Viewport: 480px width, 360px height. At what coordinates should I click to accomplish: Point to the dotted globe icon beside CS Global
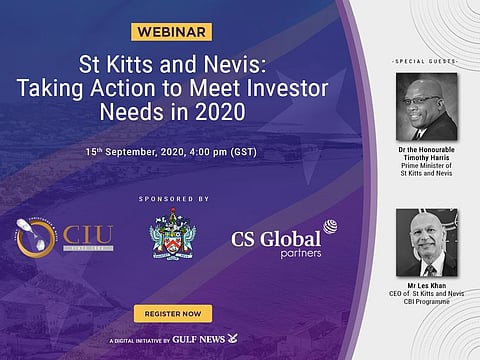click(331, 229)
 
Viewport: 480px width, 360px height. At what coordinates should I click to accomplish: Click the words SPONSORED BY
click(175, 199)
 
